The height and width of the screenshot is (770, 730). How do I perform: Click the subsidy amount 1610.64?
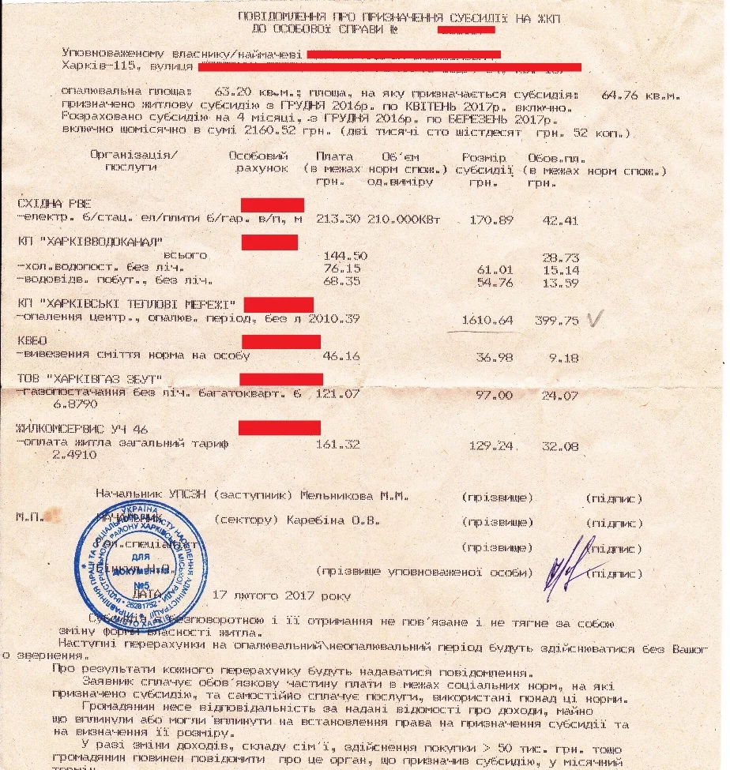pyautogui.click(x=486, y=321)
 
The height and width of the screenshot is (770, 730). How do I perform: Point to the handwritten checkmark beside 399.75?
pyautogui.click(x=595, y=318)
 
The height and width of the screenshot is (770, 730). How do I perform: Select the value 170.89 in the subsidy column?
pyautogui.click(x=486, y=219)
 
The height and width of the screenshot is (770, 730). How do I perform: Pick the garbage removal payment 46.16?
pyautogui.click(x=341, y=357)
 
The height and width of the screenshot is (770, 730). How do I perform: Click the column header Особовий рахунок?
pyautogui.click(x=258, y=161)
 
